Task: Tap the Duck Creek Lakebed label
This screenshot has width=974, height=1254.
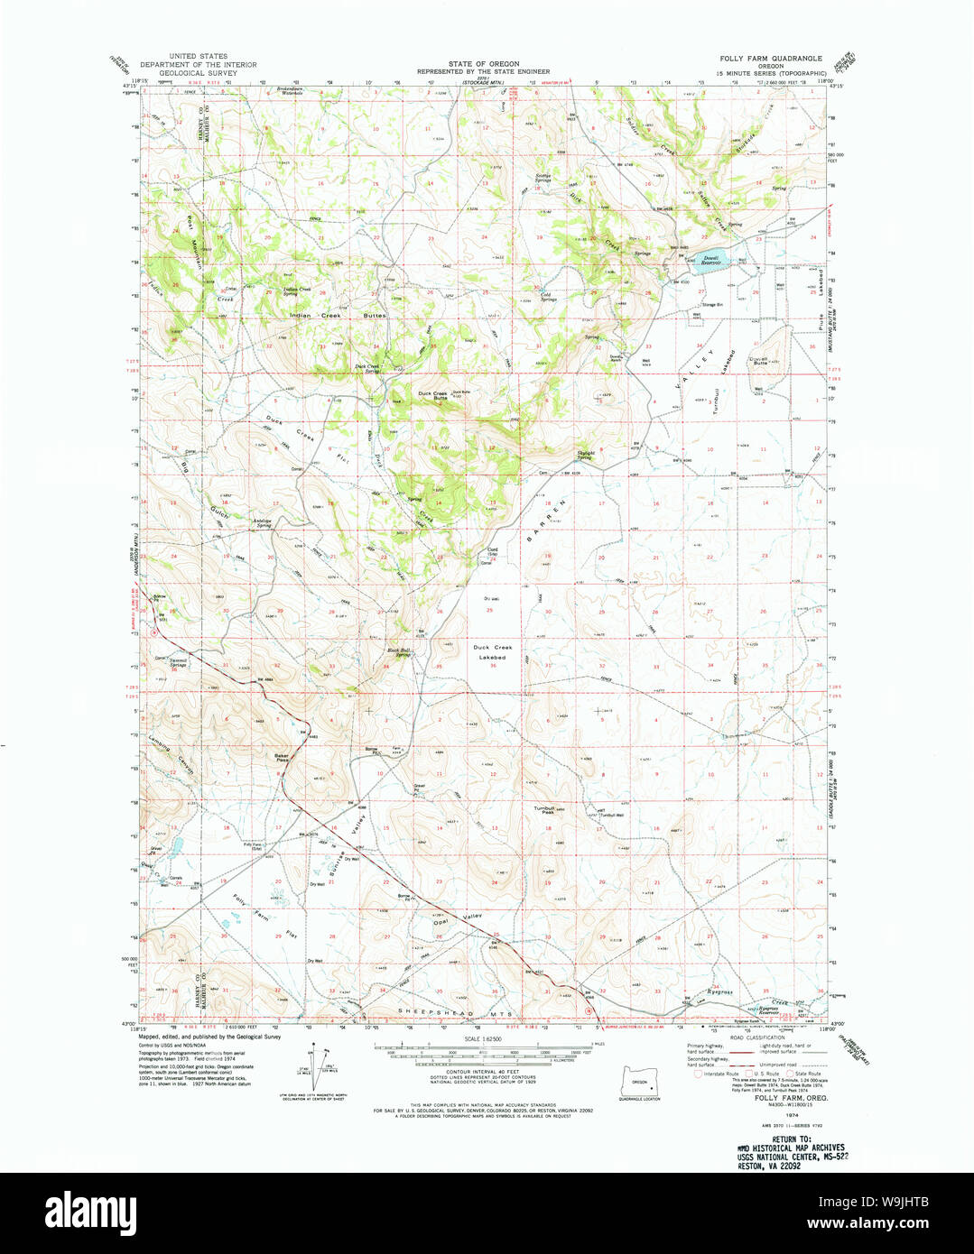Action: (x=490, y=652)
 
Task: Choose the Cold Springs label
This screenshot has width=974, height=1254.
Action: (x=548, y=296)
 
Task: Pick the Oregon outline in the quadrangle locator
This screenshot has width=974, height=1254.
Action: (x=640, y=1083)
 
